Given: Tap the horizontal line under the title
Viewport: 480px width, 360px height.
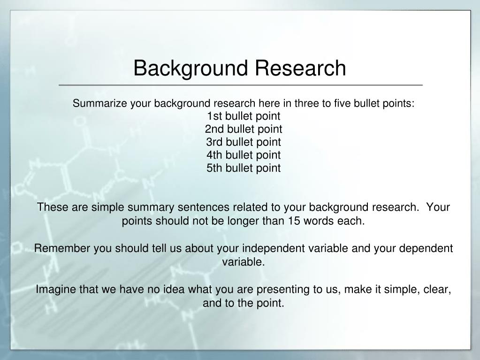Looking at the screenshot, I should pyautogui.click(x=240, y=85).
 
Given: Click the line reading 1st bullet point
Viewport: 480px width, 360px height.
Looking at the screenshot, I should pyautogui.click(x=244, y=116).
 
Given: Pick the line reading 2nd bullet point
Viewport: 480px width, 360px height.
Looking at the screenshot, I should pyautogui.click(x=244, y=129).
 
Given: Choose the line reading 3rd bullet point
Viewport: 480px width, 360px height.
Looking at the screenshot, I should pyautogui.click(x=244, y=142).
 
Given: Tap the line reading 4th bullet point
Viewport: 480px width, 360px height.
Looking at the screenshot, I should pyautogui.click(x=244, y=155).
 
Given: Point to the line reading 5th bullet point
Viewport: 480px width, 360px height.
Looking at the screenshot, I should pyautogui.click(x=244, y=168).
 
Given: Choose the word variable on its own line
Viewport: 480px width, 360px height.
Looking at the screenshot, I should pyautogui.click(x=244, y=262).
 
